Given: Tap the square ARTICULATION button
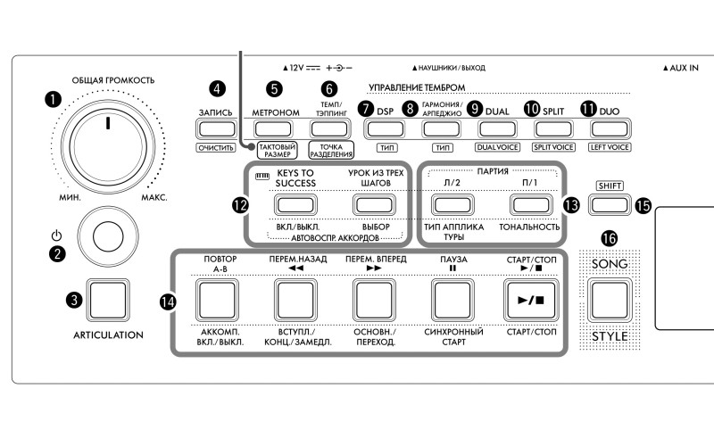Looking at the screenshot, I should coord(103,300).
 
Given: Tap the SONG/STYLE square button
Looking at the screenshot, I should coord(609,299).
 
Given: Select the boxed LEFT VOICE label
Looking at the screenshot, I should coord(609,147).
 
